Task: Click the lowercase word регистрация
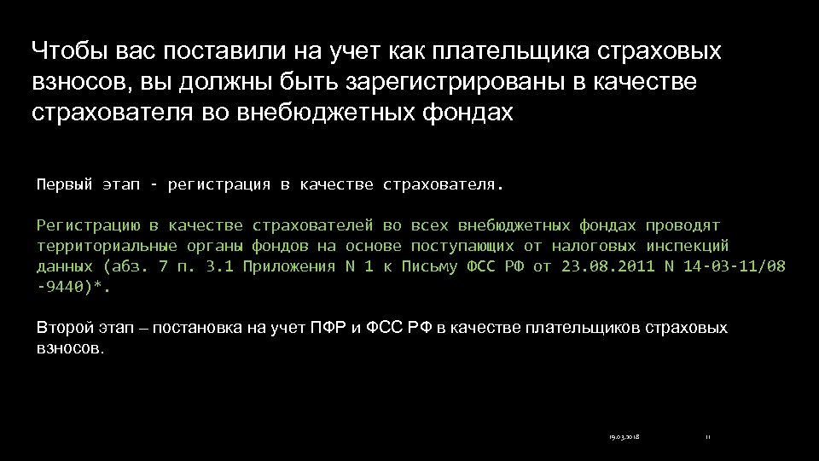point(218,184)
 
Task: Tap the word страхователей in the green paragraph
point(314,225)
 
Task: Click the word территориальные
point(105,246)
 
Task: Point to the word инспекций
point(688,246)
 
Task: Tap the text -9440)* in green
point(73,288)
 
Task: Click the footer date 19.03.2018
point(624,437)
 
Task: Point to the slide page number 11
point(708,437)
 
